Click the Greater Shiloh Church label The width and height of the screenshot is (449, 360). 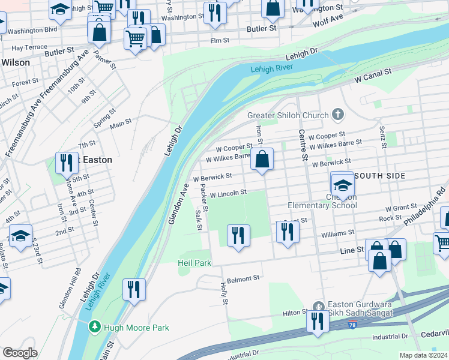[x=288, y=115]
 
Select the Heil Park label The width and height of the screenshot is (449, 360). [x=194, y=263]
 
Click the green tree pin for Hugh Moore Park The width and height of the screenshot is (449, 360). [x=94, y=327]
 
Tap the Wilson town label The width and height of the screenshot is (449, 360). [x=16, y=62]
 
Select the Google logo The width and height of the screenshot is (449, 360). [x=20, y=352]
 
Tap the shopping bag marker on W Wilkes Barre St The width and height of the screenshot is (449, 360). [x=262, y=160]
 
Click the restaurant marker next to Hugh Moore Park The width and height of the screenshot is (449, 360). [x=133, y=289]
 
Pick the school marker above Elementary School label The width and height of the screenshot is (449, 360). [x=342, y=184]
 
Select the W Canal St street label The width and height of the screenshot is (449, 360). [x=372, y=75]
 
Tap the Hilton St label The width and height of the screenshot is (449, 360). [x=295, y=313]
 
